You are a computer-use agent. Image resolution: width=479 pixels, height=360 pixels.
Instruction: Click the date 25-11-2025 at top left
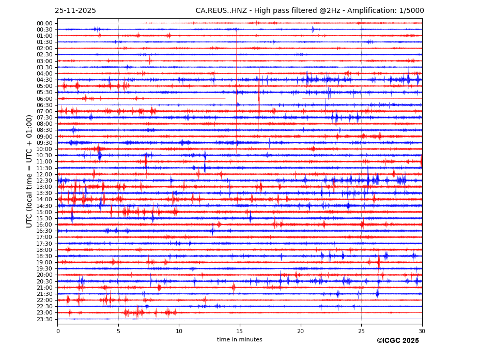click(x=75, y=11)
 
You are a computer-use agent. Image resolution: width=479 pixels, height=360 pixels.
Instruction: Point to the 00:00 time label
click(x=44, y=23)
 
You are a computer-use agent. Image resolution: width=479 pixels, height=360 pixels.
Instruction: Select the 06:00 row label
click(x=44, y=99)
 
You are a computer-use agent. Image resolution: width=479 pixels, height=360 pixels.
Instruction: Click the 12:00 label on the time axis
click(x=44, y=174)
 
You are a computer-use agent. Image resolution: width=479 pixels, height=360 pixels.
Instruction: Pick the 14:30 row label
click(x=44, y=206)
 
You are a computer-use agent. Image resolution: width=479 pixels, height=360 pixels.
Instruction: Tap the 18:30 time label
click(x=44, y=256)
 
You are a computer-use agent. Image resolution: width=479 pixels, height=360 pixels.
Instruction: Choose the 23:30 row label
click(x=44, y=319)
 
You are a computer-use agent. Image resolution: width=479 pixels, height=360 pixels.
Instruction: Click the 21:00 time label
click(x=44, y=288)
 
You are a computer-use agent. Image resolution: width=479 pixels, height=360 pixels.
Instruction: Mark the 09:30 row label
click(x=44, y=143)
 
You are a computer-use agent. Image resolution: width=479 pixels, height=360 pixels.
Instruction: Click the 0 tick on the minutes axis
click(x=58, y=331)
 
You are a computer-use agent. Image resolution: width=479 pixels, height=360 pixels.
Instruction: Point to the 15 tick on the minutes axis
click(x=240, y=331)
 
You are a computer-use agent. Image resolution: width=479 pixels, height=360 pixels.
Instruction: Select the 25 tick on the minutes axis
click(x=361, y=331)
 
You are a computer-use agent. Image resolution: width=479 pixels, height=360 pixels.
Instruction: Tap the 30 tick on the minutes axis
click(x=422, y=331)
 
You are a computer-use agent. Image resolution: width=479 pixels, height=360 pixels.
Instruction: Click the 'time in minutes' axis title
click(x=239, y=340)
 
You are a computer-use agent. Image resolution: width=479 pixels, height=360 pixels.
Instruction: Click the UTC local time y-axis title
click(x=29, y=171)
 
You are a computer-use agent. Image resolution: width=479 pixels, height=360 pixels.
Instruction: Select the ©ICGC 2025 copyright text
click(x=397, y=341)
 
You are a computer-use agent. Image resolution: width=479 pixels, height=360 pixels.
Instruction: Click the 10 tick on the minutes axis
click(x=179, y=331)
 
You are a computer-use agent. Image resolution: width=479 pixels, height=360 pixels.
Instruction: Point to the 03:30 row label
click(x=44, y=67)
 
